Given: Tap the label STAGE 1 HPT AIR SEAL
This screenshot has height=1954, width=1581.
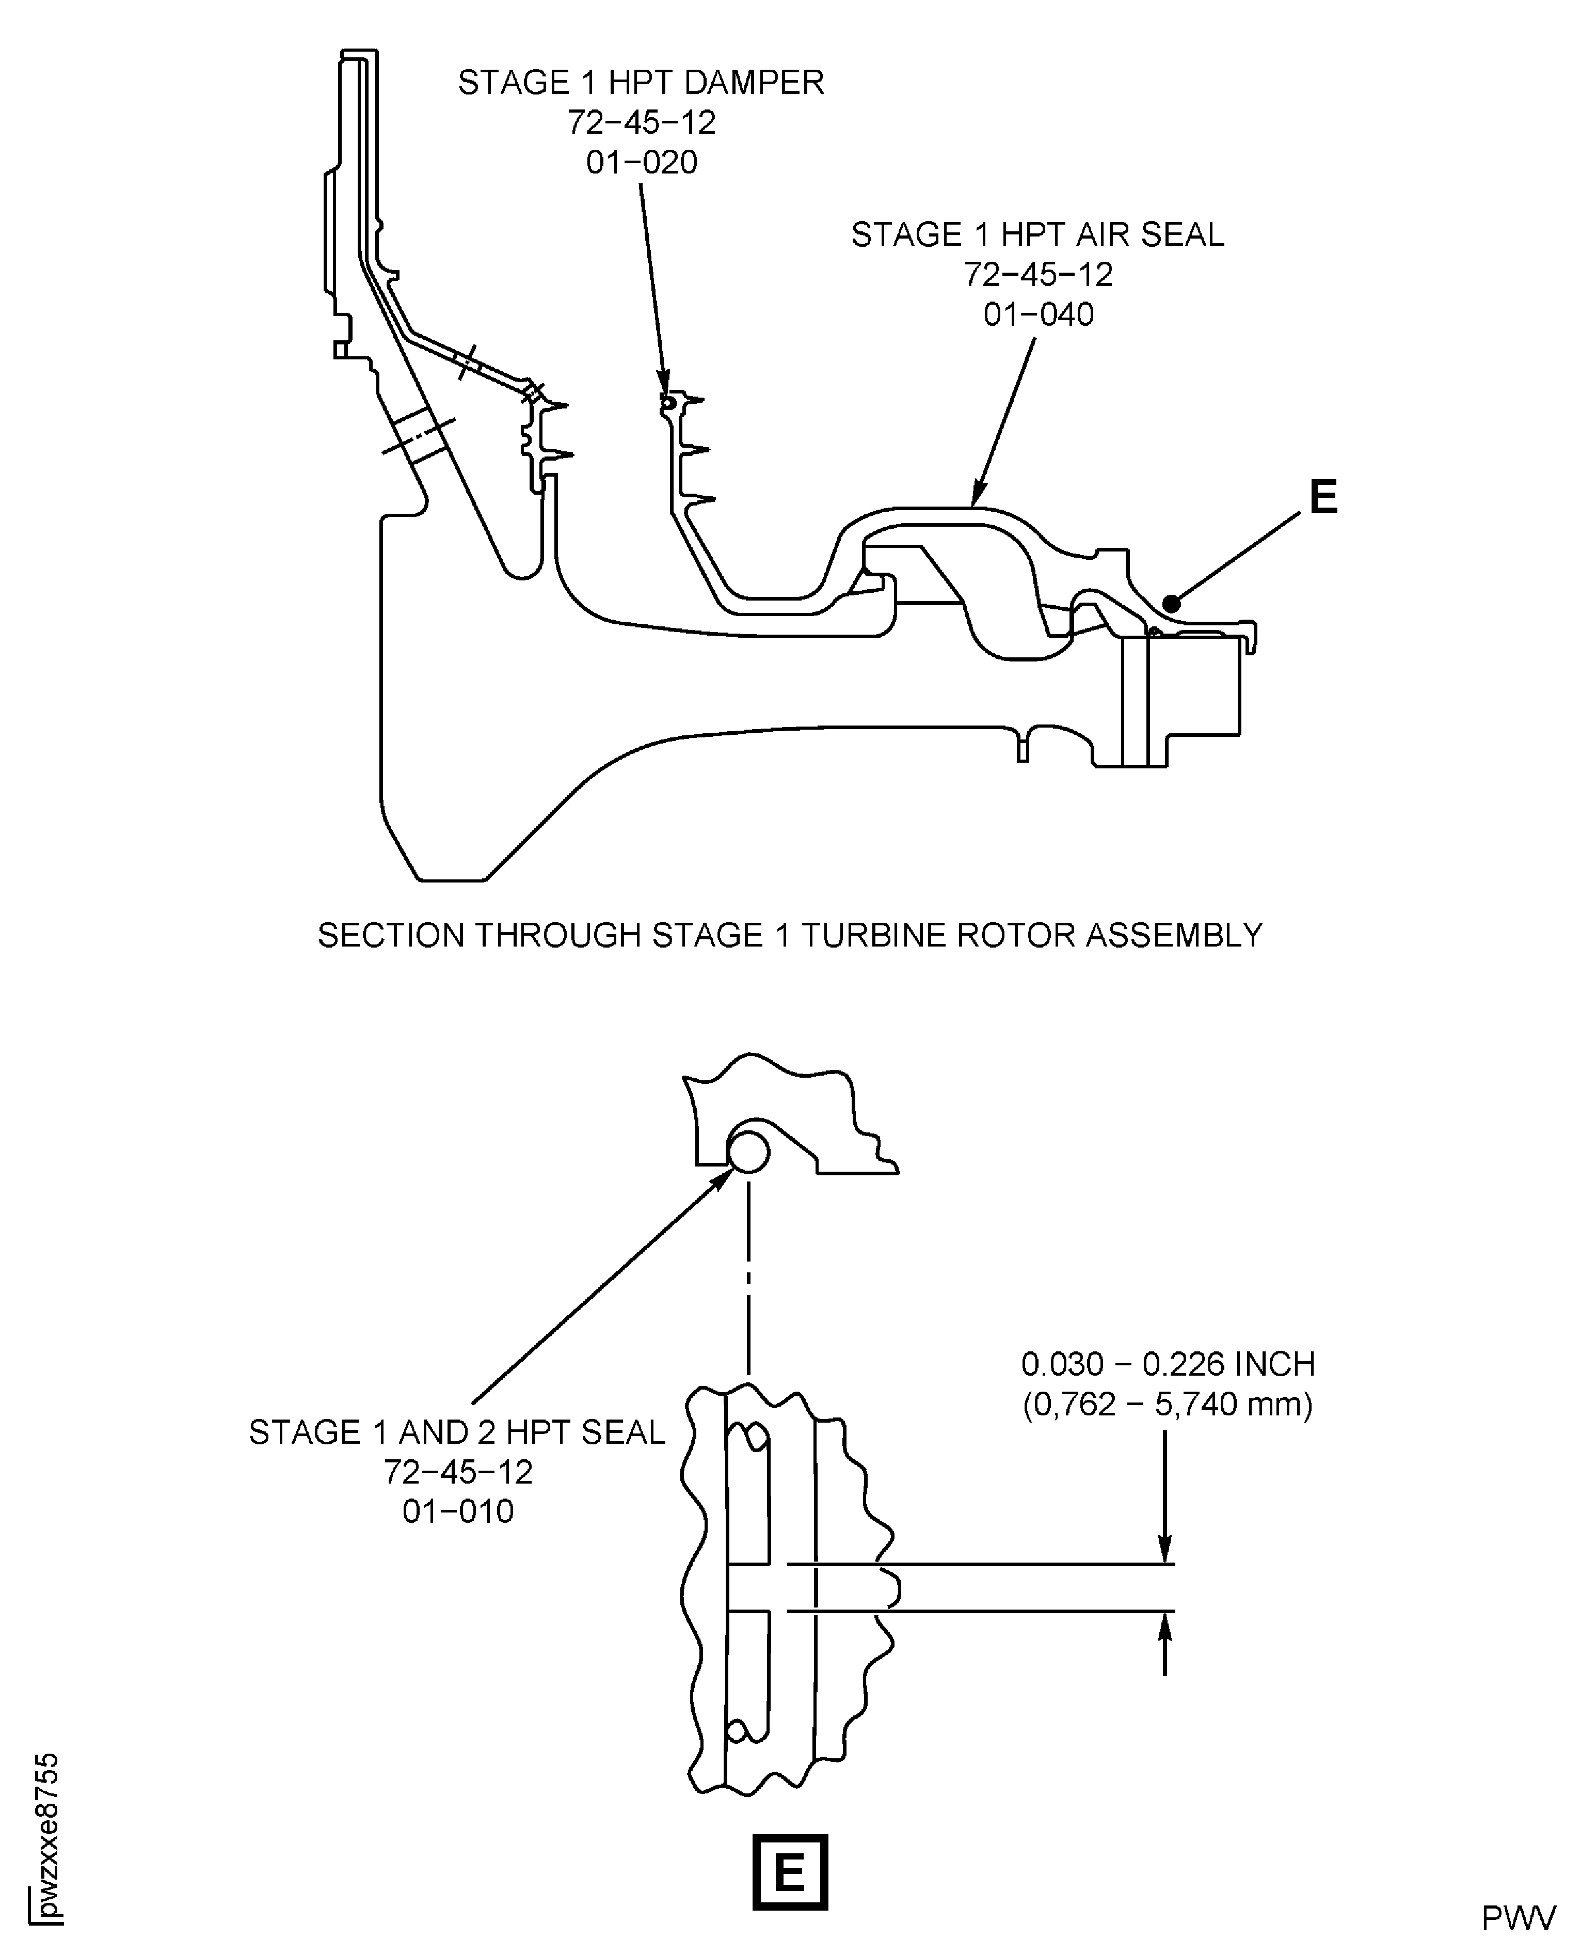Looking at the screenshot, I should [x=1037, y=235].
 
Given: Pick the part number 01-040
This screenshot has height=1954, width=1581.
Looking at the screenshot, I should [x=1038, y=315].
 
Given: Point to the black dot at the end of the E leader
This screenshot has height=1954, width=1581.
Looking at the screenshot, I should [x=1172, y=603].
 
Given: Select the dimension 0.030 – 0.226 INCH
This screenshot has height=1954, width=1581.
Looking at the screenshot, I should [x=1168, y=1364].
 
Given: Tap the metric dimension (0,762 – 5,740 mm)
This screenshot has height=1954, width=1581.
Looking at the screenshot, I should [x=1168, y=1404].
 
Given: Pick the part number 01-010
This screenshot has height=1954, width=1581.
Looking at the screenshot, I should [x=458, y=1511].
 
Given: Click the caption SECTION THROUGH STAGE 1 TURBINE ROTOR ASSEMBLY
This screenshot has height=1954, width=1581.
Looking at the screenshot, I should [x=790, y=936].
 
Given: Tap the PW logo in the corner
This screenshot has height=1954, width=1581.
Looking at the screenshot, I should [x=1518, y=1918].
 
